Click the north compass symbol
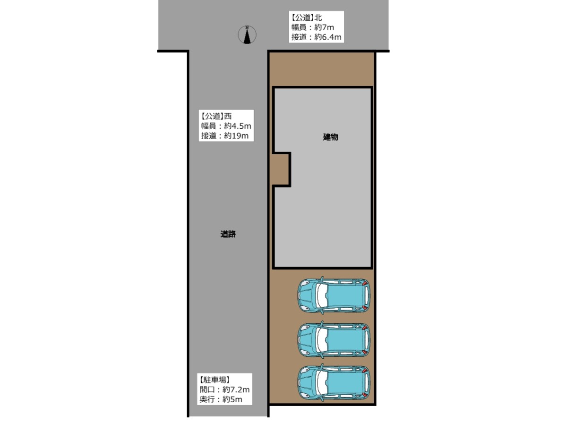pyautogui.click(x=247, y=35)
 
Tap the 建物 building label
pyautogui.click(x=330, y=137)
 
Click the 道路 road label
pyautogui.click(x=228, y=234)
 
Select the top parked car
pyautogui.click(x=334, y=295)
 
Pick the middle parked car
pyautogui.click(x=334, y=339)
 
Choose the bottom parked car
pyautogui.click(x=334, y=383)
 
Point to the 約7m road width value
pyautogui.click(x=324, y=27)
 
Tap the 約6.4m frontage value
pyautogui.click(x=328, y=37)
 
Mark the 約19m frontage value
pyautogui.click(x=236, y=136)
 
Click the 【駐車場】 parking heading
pyautogui.click(x=214, y=380)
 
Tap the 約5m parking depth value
pyautogui.click(x=232, y=399)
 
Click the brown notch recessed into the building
pyautogui.click(x=281, y=169)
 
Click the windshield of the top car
pyautogui.click(x=322, y=295)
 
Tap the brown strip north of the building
pyautogui.click(x=322, y=70)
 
